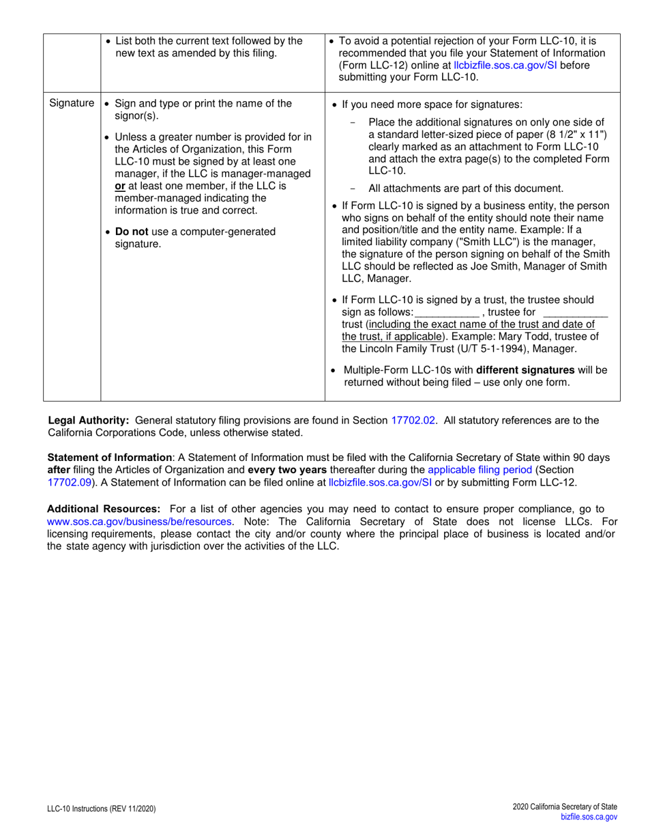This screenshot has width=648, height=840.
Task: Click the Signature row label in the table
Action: pos(72,104)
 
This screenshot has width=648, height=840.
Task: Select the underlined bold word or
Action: pos(119,186)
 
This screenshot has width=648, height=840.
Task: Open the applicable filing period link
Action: pos(480,470)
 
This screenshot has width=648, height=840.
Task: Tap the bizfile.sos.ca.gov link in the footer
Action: pos(588,817)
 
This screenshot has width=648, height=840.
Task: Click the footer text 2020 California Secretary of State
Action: pos(565,807)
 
